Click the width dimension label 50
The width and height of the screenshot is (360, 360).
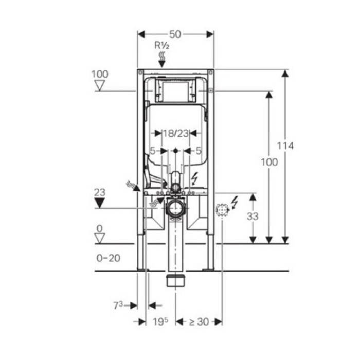(175, 34)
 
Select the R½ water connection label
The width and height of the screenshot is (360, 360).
(162, 45)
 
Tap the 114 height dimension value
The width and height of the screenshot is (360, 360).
(285, 146)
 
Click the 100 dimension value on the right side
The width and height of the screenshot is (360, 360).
(268, 162)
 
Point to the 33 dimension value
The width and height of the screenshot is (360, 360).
(253, 217)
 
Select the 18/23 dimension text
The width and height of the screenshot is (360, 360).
(175, 133)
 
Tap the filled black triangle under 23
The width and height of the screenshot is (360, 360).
(100, 203)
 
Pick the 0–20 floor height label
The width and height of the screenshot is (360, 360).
(108, 258)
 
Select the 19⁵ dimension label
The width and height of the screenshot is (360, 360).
(160, 322)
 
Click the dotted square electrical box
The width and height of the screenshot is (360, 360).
(222, 210)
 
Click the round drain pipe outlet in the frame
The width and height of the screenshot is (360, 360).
(175, 209)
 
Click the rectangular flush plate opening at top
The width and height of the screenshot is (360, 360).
(175, 92)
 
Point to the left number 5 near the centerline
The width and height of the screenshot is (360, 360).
(152, 151)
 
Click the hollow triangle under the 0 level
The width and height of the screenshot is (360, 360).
(100, 237)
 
